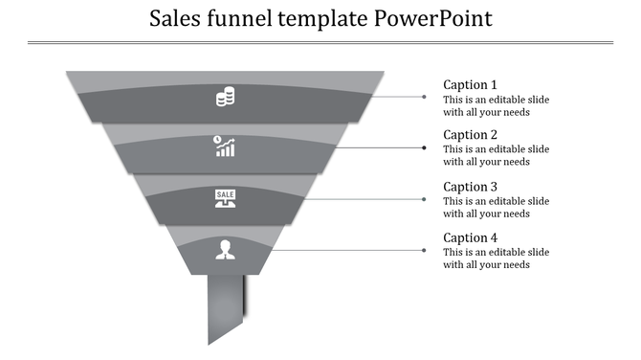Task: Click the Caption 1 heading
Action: point(471,84)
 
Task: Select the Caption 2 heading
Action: point(471,135)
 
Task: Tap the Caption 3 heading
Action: point(471,187)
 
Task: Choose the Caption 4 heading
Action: point(471,237)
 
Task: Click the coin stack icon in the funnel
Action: point(226,97)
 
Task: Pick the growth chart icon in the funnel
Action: point(225,146)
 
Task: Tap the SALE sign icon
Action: point(225,198)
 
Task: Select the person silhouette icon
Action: point(225,249)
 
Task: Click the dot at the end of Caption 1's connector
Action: point(425,97)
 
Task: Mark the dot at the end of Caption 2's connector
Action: point(425,147)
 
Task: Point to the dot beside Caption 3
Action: point(425,199)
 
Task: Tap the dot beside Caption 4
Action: point(425,250)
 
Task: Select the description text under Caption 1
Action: point(496,105)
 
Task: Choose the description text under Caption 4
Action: point(496,259)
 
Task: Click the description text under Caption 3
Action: point(496,207)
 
